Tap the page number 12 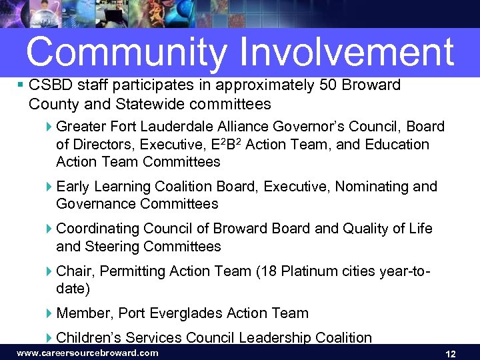[x=450, y=354]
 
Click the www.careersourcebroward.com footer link [x=87, y=353]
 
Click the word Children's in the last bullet [x=87, y=337]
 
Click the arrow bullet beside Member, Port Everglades [x=50, y=313]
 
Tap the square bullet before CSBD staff [x=21, y=85]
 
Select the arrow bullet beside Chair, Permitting [x=50, y=271]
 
